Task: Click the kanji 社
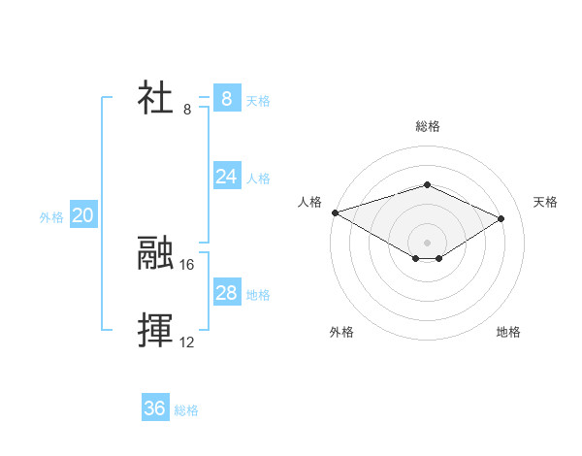tap(155, 99)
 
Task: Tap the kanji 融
tap(155, 253)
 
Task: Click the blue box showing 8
tap(226, 98)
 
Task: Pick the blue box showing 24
tap(226, 176)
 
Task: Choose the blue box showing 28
tap(226, 293)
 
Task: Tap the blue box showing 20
tap(82, 215)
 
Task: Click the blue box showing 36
tap(155, 408)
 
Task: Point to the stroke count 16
tap(187, 264)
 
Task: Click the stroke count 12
tap(187, 342)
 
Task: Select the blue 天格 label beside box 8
tap(258, 100)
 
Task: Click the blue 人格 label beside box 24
tap(258, 179)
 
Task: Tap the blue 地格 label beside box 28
tap(258, 295)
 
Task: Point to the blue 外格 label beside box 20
tap(51, 218)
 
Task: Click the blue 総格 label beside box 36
tap(186, 411)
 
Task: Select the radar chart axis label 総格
tap(427, 126)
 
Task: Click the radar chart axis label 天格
tap(546, 202)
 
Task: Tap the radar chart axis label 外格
tap(341, 332)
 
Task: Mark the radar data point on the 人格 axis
tap(335, 212)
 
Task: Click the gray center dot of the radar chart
tap(427, 242)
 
